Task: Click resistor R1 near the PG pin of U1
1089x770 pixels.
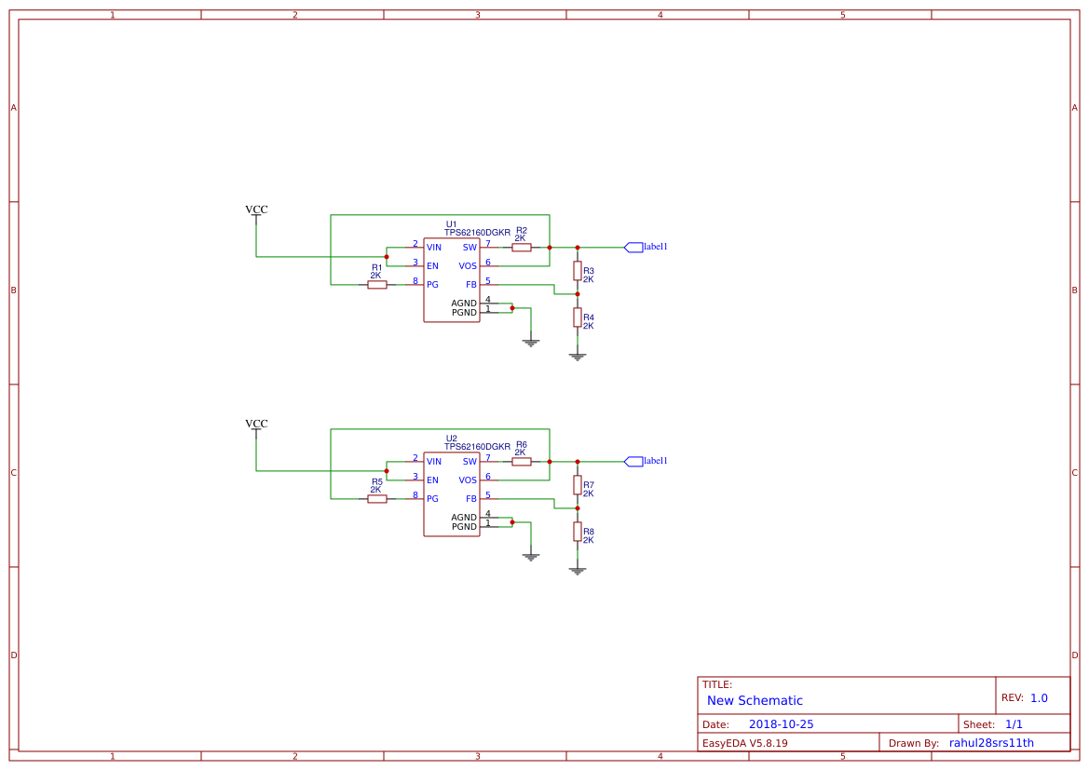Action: [x=376, y=285]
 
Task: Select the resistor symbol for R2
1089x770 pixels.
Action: [x=522, y=248]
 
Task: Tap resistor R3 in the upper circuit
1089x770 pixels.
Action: [x=578, y=271]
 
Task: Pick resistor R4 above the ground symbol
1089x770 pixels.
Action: [x=578, y=317]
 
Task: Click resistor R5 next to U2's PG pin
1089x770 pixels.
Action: [x=376, y=499]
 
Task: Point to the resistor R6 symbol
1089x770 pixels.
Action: [x=522, y=462]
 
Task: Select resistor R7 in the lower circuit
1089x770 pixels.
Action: [x=578, y=485]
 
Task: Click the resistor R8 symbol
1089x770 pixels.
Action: [x=578, y=532]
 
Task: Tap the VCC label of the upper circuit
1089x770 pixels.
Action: [x=256, y=210]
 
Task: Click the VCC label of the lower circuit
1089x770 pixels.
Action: [x=256, y=425]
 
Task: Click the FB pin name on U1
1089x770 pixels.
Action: [x=471, y=285]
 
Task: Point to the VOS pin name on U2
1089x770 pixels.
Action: [x=468, y=480]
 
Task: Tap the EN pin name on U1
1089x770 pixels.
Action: [x=432, y=266]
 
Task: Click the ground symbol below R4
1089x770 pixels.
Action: [x=578, y=356]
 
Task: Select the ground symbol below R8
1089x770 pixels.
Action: [x=578, y=570]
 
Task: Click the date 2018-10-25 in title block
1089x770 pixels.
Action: [x=781, y=724]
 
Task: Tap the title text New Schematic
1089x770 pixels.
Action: [x=755, y=701]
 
